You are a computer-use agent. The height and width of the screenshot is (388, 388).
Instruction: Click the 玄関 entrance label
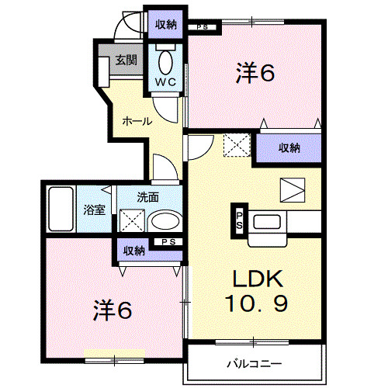click(x=126, y=59)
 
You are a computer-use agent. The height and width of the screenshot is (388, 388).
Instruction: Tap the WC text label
click(x=166, y=81)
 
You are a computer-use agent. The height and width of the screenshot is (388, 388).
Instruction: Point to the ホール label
click(x=136, y=121)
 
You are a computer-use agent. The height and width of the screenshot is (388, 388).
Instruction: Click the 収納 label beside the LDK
click(x=289, y=147)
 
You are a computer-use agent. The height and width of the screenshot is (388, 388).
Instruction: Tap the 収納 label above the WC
click(x=165, y=24)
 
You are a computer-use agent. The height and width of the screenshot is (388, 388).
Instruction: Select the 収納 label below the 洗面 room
click(x=134, y=250)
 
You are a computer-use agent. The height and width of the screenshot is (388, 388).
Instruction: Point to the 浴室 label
click(x=93, y=208)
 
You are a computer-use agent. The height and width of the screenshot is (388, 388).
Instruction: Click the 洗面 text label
click(x=147, y=197)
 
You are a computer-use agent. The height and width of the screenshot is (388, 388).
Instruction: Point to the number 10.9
click(x=259, y=303)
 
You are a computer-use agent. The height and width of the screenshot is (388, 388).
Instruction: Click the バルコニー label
click(x=254, y=363)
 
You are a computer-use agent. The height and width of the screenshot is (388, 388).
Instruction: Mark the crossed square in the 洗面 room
click(x=130, y=221)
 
